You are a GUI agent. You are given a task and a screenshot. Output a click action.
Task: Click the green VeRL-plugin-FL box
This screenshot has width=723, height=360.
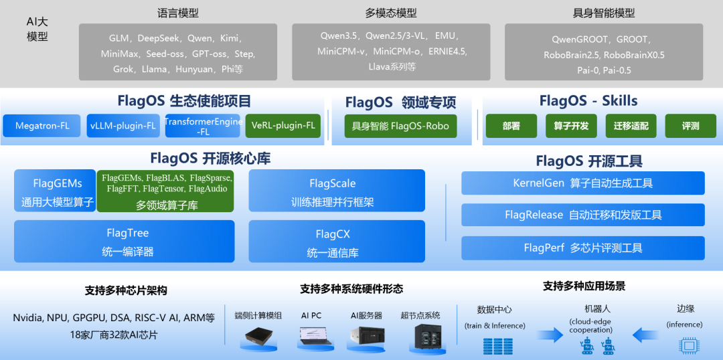coord(283,125)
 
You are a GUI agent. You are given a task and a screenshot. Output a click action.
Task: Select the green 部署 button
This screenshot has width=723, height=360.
coord(511,126)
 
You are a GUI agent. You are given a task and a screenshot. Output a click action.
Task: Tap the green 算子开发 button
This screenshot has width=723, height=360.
coord(571,126)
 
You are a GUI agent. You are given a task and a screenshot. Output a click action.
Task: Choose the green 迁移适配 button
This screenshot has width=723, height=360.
coord(631,126)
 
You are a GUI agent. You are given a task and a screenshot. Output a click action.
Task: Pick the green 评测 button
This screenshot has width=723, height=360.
coord(690,126)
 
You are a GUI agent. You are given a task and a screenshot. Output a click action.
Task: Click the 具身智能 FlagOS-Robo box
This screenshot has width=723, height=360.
coord(400,126)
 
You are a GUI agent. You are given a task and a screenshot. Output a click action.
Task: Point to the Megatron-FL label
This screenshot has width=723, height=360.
coord(42,126)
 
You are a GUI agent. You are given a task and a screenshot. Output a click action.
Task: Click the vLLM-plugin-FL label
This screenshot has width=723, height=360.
coord(123,126)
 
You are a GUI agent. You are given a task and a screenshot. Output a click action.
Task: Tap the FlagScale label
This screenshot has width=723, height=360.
coord(332,183)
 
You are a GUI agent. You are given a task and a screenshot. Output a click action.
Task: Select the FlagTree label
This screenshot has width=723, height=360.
coord(127,233)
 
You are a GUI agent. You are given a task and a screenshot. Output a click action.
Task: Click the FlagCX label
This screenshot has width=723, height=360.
coord(333,234)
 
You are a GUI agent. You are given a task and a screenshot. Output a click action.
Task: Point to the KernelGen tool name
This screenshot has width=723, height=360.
coord(538,183)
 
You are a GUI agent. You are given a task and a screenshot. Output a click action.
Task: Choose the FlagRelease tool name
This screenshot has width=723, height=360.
coord(534,215)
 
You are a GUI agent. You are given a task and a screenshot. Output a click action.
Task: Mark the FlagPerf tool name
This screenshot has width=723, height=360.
coord(544,248)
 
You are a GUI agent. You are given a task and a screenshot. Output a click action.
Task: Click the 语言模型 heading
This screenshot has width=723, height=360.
coord(177,13)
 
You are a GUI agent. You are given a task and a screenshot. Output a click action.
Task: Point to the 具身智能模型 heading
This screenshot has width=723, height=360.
coord(604,13)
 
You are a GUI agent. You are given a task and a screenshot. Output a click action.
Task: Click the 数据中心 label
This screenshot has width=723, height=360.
coord(495,309)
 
